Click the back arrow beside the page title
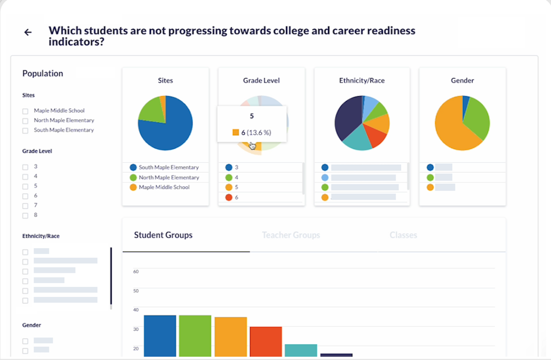[28, 32]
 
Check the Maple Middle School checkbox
[25, 111]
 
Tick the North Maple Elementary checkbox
[25, 121]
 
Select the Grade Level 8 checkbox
[25, 216]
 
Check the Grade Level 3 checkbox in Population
[25, 167]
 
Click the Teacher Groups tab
[291, 235]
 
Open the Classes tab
[403, 235]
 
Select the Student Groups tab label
[163, 235]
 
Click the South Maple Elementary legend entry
[168, 167]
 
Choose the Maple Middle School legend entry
[164, 187]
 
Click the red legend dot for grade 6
[229, 197]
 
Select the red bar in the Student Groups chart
[266, 341]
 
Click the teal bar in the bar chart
[301, 350]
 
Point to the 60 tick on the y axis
[136, 271]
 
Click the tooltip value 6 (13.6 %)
[256, 132]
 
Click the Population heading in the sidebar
[43, 73]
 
